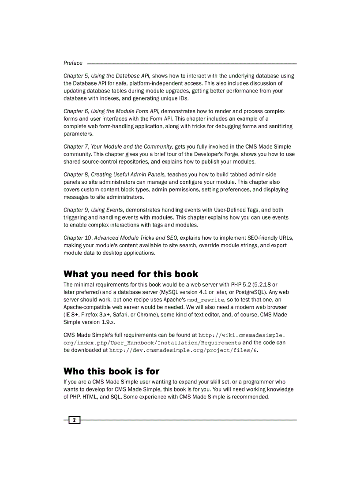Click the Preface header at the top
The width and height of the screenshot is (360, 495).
tap(73, 63)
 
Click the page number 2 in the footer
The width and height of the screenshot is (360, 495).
tap(75, 420)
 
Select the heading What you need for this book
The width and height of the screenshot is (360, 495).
tap(131, 274)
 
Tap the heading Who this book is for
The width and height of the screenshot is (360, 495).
tap(111, 371)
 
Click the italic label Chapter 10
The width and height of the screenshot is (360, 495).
tap(78, 238)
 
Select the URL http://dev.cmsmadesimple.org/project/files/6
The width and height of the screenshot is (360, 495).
tap(183, 350)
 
